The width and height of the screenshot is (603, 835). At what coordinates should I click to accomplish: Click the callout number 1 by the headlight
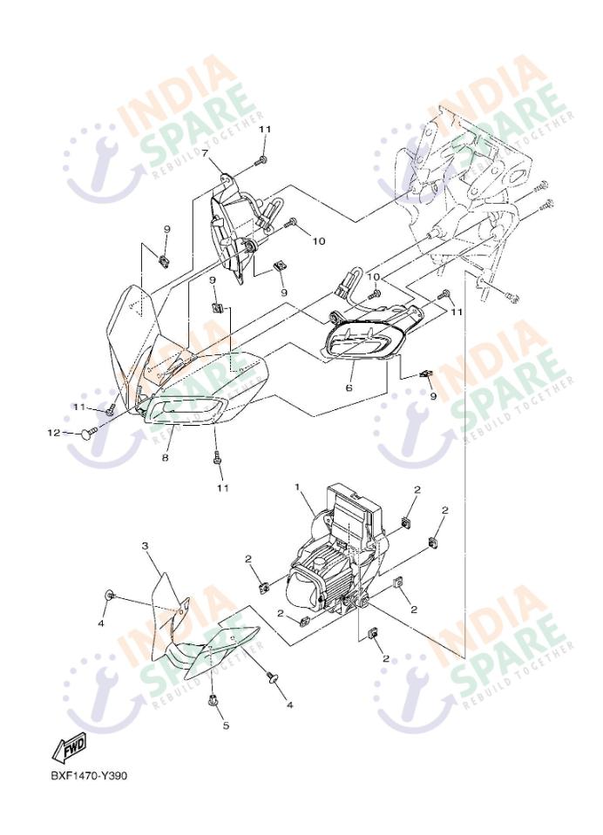click(297, 487)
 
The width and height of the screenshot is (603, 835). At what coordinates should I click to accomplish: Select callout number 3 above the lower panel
click(145, 546)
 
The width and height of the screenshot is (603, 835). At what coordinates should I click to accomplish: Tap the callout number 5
click(226, 725)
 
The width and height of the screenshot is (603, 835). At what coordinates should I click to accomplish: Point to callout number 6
click(349, 388)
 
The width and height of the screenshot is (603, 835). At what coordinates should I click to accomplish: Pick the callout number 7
click(205, 153)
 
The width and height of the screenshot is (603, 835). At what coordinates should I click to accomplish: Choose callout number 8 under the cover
click(166, 457)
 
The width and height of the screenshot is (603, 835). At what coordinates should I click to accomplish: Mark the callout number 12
click(54, 433)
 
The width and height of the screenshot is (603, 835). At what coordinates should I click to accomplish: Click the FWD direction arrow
click(69, 748)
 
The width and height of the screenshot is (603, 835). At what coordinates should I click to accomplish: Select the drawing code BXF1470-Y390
click(89, 776)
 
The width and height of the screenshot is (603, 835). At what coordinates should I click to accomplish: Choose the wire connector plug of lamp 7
click(270, 212)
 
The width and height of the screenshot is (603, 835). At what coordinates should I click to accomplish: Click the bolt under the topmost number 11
click(261, 160)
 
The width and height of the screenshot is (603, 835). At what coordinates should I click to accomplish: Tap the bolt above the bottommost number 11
click(217, 457)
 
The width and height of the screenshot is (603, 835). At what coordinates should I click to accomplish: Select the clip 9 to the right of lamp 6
click(426, 374)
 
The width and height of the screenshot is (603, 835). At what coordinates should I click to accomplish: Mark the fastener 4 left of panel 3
click(110, 595)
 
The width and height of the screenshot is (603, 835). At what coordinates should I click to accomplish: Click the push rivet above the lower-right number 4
click(274, 677)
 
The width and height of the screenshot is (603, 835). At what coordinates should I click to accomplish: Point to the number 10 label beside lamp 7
click(318, 241)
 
